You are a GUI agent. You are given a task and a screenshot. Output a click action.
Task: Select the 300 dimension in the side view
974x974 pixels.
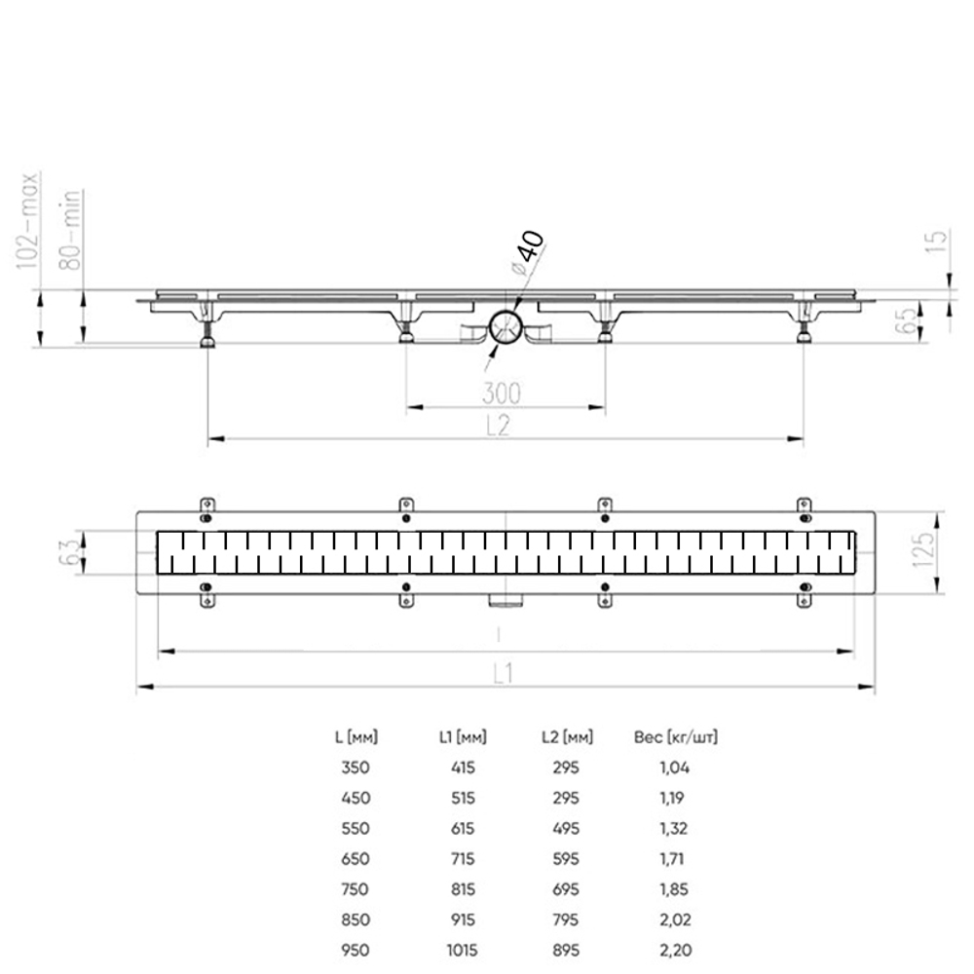click(501, 393)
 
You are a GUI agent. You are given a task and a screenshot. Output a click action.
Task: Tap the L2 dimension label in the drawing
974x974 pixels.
click(497, 427)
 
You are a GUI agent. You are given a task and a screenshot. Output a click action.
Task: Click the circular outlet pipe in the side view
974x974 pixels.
click(506, 327)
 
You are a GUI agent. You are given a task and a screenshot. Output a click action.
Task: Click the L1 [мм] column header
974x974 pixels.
click(463, 737)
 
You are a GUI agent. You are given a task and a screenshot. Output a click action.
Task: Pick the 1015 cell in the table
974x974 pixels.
click(463, 950)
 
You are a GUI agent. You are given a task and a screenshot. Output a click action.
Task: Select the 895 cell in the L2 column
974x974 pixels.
click(565, 950)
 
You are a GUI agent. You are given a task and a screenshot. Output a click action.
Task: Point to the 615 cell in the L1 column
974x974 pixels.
click(463, 828)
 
